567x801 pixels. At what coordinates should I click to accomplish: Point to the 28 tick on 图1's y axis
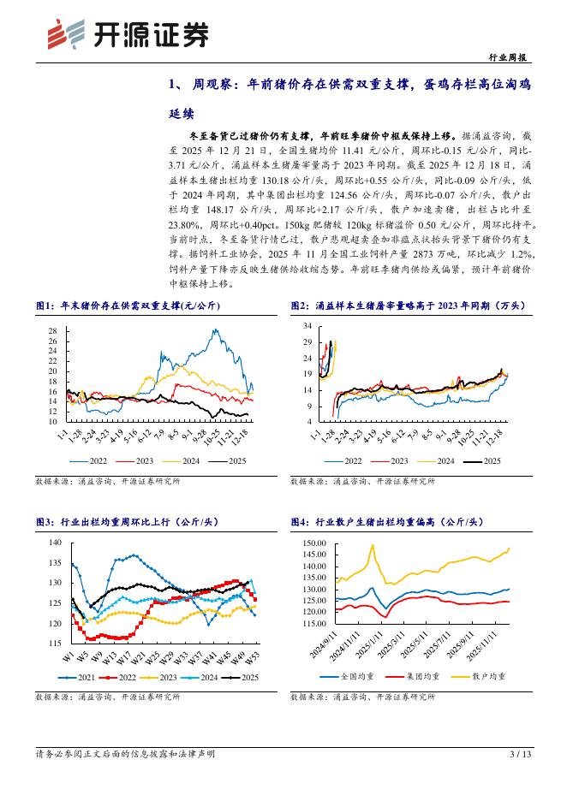point(52,330)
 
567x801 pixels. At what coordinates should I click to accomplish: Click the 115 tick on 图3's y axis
point(55,643)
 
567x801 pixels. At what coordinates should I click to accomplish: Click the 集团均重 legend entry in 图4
point(415,675)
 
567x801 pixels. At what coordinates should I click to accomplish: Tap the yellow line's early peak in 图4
point(373,545)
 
